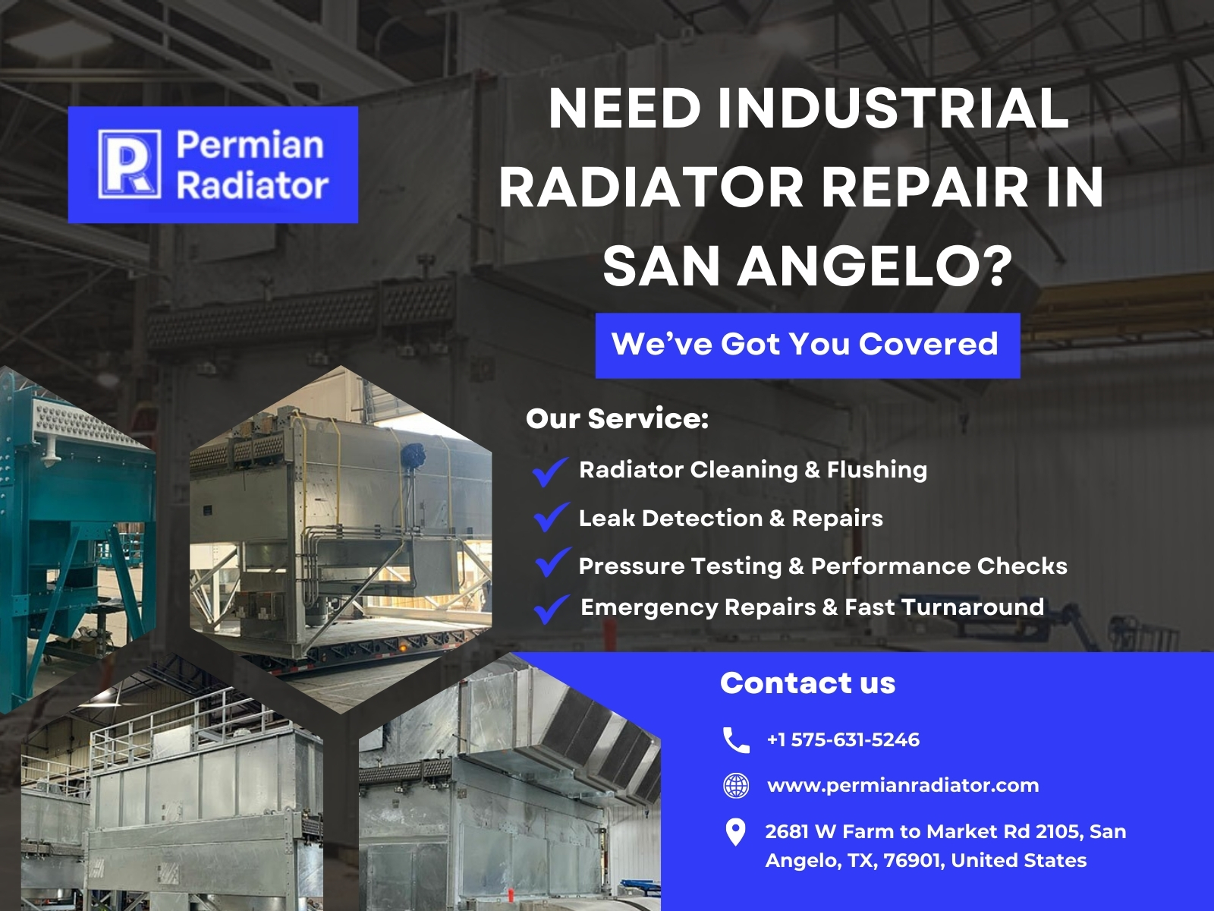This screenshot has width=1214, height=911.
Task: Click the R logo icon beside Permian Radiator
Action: (x=130, y=164)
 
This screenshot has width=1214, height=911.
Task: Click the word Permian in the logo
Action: (x=250, y=145)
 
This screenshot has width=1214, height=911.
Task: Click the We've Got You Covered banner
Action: (x=807, y=345)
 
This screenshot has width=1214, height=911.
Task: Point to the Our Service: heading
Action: (x=617, y=419)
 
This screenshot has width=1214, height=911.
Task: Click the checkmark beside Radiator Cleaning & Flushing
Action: (x=550, y=471)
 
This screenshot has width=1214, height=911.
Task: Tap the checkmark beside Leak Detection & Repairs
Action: (x=552, y=517)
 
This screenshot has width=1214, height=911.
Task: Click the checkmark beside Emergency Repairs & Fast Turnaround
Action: (x=552, y=609)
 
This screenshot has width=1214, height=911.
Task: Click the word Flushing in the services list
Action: (x=876, y=470)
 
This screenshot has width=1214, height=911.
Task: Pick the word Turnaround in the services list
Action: (x=972, y=607)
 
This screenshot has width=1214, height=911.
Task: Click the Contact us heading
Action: (x=807, y=683)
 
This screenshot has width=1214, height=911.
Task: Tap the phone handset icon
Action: (x=736, y=740)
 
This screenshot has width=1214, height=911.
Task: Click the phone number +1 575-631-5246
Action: (x=844, y=740)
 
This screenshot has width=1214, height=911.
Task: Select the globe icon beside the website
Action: (x=736, y=786)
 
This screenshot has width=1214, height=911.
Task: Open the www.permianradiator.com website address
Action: (x=903, y=786)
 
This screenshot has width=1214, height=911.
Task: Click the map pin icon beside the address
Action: (x=735, y=833)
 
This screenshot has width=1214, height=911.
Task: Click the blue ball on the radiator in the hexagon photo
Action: (x=413, y=455)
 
